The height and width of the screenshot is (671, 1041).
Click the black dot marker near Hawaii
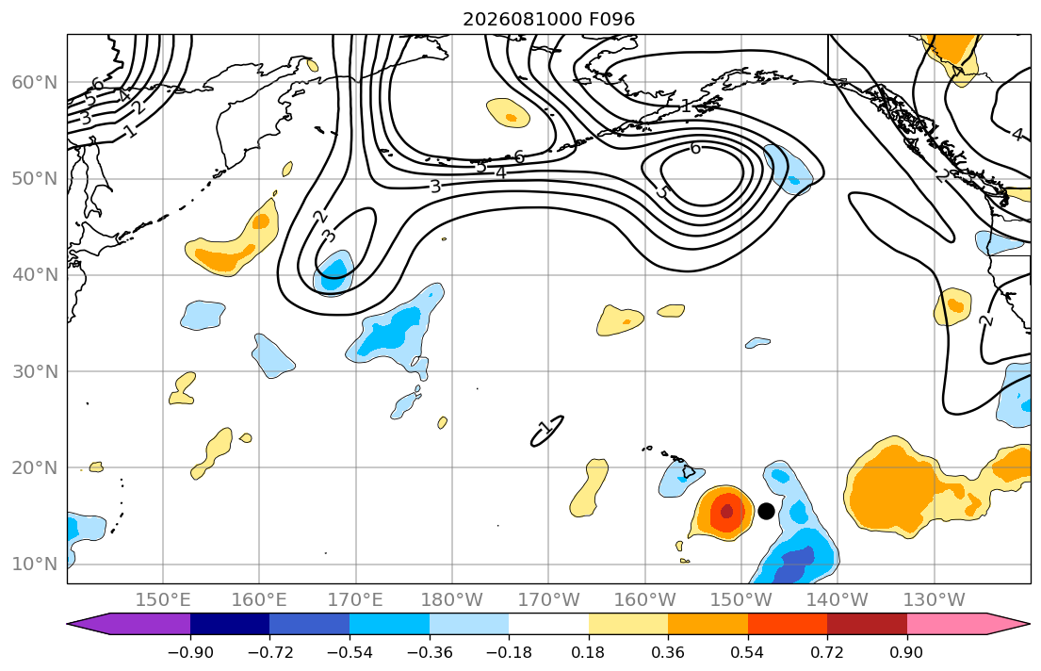click(x=766, y=511)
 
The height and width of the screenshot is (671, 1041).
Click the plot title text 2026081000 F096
click(x=549, y=19)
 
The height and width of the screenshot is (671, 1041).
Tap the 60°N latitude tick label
click(x=35, y=82)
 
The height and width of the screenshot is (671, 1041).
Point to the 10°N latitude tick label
click(x=35, y=565)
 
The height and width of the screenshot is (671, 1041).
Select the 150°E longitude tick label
click(x=163, y=600)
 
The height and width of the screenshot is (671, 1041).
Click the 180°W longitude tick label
click(x=452, y=600)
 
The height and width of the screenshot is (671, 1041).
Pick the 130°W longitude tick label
click(x=935, y=600)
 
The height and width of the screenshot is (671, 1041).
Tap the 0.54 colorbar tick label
click(x=748, y=652)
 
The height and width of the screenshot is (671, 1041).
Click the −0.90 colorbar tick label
click(x=190, y=652)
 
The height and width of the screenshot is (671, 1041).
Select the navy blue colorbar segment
click(x=230, y=624)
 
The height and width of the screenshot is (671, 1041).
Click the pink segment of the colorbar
click(x=947, y=624)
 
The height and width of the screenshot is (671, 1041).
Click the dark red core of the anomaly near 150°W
click(x=726, y=512)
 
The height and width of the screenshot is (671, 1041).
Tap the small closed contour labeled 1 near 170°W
click(x=547, y=431)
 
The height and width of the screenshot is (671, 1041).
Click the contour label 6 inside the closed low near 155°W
click(x=695, y=147)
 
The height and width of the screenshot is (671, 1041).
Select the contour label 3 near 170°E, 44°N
click(x=329, y=236)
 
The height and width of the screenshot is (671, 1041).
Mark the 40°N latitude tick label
click(x=35, y=275)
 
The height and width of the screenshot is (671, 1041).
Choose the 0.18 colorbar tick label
click(x=588, y=652)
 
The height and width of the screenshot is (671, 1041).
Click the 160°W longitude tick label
click(x=645, y=600)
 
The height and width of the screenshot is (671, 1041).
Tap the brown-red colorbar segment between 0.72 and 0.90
click(x=867, y=624)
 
